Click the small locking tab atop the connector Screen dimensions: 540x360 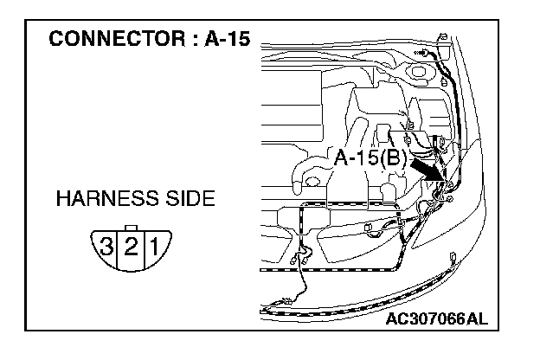coord(130,228)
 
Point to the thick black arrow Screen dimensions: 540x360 coord(427,166)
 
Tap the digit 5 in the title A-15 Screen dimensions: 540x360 coord(232,41)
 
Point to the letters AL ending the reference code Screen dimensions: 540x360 coord(479,318)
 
